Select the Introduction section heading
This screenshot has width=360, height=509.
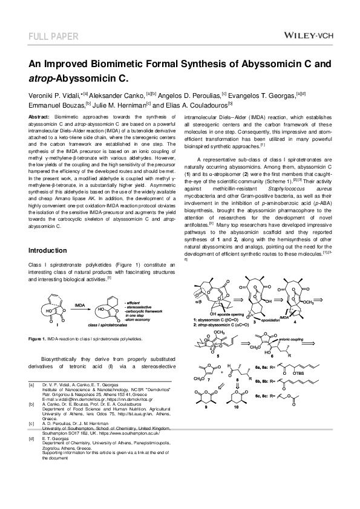coord(48,250)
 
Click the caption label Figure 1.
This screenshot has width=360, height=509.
coord(40,340)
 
